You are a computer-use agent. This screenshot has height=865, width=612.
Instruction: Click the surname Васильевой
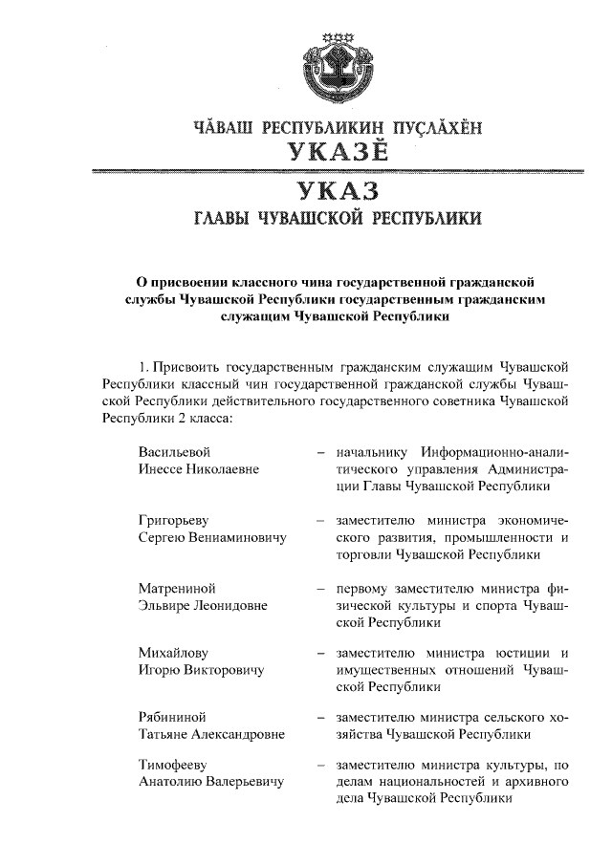tap(173, 452)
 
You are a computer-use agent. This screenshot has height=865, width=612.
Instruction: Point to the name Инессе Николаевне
tap(200, 469)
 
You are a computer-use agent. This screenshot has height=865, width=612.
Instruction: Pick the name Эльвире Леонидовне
tap(203, 605)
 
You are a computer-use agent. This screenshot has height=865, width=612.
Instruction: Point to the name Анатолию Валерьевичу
tap(211, 783)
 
